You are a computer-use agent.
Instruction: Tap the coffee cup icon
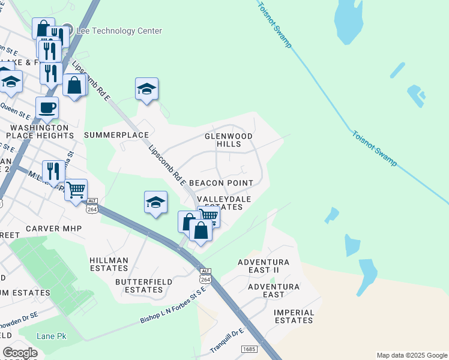(47, 108)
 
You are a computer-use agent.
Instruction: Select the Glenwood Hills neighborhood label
(229, 140)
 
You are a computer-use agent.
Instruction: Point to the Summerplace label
(116, 135)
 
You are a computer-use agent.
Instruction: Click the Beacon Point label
(221, 182)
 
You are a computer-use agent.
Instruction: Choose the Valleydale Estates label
(220, 203)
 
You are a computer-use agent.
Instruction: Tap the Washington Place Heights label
(40, 132)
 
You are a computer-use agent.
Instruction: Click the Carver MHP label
(50, 229)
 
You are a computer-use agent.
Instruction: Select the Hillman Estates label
(109, 264)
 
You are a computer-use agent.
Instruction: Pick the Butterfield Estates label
(143, 286)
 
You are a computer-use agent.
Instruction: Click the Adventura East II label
(264, 266)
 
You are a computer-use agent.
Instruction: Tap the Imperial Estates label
(294, 316)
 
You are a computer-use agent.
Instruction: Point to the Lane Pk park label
(51, 336)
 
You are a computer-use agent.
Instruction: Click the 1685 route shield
(249, 349)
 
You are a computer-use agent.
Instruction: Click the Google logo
(20, 353)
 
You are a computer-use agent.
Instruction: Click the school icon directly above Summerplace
(146, 89)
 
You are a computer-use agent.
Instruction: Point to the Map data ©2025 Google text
(411, 355)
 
